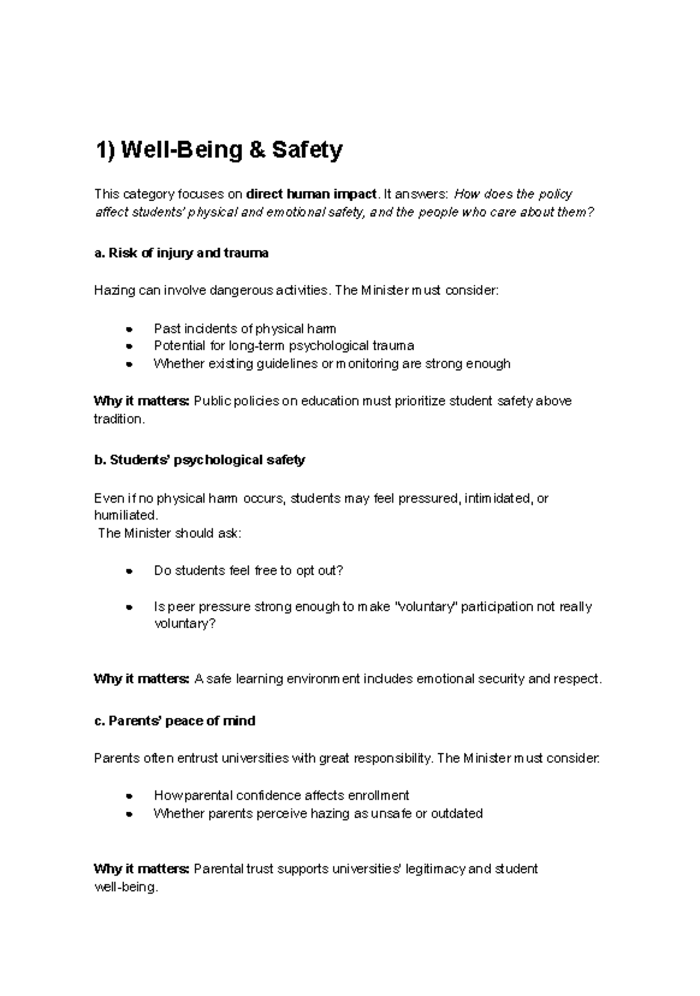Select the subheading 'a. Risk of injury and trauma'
(x=181, y=253)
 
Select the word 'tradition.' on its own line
(x=118, y=419)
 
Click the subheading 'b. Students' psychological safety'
(x=199, y=460)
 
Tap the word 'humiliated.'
(x=125, y=515)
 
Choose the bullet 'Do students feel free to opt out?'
(x=249, y=571)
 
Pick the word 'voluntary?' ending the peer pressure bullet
(x=185, y=624)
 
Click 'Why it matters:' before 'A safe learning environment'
(x=141, y=679)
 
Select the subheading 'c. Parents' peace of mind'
(x=174, y=721)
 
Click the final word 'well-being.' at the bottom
(x=125, y=887)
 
